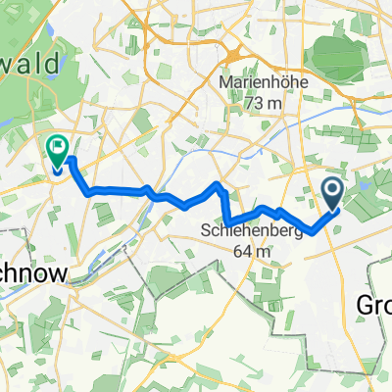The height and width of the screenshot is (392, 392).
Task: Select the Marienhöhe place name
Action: pyautogui.click(x=263, y=83)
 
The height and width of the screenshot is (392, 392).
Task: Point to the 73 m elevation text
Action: pyautogui.click(x=263, y=101)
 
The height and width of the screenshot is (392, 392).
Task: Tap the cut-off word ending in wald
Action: pyautogui.click(x=30, y=62)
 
